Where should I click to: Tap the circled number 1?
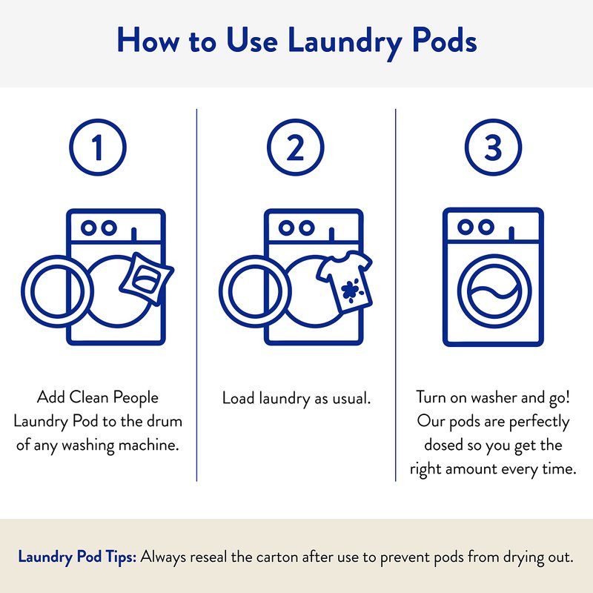[x=98, y=147]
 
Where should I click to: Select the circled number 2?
[x=295, y=147]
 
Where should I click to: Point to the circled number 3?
[x=493, y=147]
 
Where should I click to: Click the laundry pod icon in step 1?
[x=146, y=279]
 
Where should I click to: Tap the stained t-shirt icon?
[x=345, y=282]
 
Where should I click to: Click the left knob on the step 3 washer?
[x=466, y=227]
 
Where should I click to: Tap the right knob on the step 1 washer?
[x=109, y=228]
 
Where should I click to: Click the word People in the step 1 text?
[x=136, y=398]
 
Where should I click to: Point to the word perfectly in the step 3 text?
[x=540, y=422]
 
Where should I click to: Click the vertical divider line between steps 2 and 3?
[x=396, y=295]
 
